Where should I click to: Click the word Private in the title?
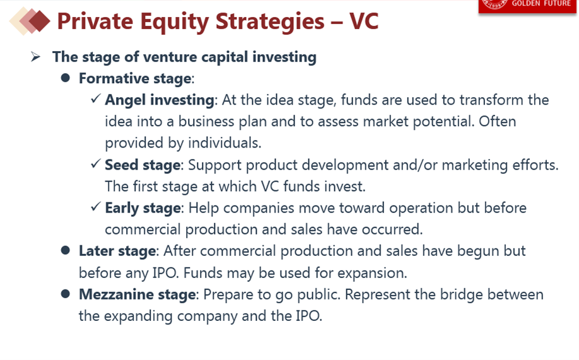(95, 21)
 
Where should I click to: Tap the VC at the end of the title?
(364, 21)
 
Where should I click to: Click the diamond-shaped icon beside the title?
(30, 21)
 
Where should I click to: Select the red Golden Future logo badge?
(527, 6)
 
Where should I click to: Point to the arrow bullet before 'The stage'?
(36, 57)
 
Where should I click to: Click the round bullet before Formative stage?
(66, 78)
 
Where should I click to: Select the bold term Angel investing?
(160, 100)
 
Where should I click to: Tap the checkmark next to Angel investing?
(96, 98)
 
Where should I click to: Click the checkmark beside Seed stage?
(96, 163)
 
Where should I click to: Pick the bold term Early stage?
(143, 208)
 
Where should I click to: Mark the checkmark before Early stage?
(96, 206)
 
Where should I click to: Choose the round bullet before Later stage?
(66, 250)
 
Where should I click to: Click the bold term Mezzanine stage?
(137, 294)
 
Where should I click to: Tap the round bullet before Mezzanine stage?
(66, 294)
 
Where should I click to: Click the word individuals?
(225, 142)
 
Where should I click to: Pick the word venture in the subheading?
(170, 57)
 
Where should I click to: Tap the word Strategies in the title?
(270, 21)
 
